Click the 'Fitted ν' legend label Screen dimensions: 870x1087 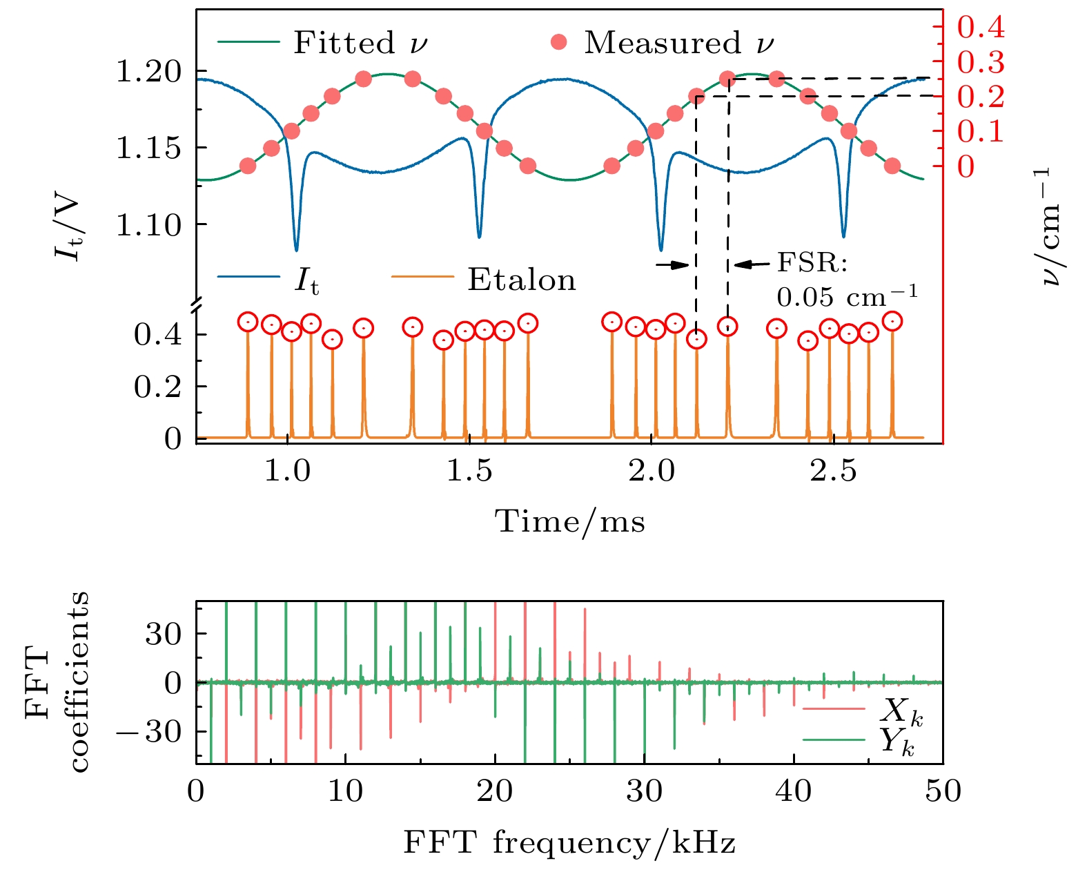point(360,43)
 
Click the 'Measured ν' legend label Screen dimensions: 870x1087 point(679,43)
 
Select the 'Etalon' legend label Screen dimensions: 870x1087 point(522,280)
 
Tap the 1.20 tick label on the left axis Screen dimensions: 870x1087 point(148,71)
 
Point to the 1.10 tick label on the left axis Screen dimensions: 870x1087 point(148,224)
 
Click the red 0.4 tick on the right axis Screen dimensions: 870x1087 point(980,28)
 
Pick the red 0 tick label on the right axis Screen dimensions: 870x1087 point(966,166)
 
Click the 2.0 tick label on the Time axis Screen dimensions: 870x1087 point(651,471)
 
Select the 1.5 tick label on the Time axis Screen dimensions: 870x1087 point(469,471)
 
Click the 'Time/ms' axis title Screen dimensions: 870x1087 point(571,521)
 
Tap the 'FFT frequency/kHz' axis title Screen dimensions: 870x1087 point(569,843)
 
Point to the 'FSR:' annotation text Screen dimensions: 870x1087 point(812,262)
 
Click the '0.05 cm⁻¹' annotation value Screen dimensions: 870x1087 point(848,297)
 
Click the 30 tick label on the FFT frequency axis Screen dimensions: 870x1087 point(644,791)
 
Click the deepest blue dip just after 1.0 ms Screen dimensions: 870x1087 point(296,249)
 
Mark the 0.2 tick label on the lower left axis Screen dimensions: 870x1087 point(157,387)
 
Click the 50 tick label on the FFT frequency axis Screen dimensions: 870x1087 point(943,791)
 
